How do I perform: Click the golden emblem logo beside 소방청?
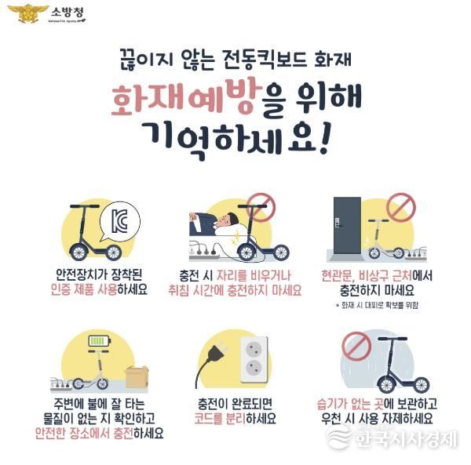coord(28,13)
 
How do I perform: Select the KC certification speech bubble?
coord(119,221)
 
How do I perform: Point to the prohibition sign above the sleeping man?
coord(261,207)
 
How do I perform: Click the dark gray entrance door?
coord(347,225)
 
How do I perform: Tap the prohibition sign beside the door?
coord(400,208)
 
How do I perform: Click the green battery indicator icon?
coord(100,341)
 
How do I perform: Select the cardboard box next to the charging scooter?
coord(137,376)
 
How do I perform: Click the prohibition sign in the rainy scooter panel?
coord(356,346)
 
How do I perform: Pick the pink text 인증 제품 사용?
coord(84,289)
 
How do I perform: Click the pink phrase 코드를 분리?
coord(220,418)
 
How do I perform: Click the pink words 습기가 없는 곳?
coord(350,404)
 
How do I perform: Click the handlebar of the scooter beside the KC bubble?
coord(85,206)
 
